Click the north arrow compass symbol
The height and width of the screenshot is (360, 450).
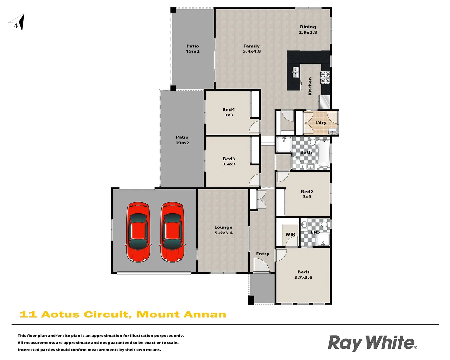point(18,23)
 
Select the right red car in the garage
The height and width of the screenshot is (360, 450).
point(172,232)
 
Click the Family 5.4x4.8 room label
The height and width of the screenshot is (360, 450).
point(252,49)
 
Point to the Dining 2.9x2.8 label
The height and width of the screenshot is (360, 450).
point(308,30)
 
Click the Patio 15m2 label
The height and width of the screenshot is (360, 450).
point(193,49)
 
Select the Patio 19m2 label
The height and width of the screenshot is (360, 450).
point(182,140)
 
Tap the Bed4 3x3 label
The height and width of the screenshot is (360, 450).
point(229,112)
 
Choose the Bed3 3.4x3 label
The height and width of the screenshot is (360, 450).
point(229,161)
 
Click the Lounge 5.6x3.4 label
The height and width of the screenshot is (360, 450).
point(223,230)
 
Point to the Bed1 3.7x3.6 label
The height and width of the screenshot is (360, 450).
point(303,275)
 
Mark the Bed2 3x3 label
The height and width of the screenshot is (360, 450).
point(307,194)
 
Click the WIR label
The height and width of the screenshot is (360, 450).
point(290,234)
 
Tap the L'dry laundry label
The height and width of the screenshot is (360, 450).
point(321,123)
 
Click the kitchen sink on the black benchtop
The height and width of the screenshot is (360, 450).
point(296,72)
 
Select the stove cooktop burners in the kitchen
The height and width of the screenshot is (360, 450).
point(325,78)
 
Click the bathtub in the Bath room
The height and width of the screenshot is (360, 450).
point(324,153)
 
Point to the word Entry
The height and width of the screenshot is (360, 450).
point(263,254)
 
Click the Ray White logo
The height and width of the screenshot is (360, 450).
point(372,343)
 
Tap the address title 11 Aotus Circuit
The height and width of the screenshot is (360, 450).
point(123,314)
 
